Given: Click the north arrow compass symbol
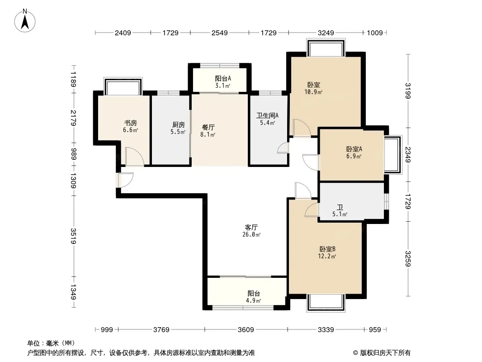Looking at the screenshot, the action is click(25, 21).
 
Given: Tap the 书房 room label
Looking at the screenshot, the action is click(130, 123).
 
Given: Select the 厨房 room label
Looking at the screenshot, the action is click(178, 124).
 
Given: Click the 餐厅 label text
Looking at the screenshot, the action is click(208, 127).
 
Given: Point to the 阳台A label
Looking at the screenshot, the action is click(223, 78).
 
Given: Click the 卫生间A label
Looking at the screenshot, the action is click(267, 115).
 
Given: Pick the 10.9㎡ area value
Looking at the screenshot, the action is click(313, 92).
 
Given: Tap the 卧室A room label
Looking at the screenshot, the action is click(354, 149).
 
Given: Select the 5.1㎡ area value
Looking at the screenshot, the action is click(340, 214).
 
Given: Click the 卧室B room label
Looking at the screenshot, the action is click(327, 249).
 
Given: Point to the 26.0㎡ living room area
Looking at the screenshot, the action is click(251, 235).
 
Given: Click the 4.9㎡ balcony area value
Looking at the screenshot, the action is click(253, 300).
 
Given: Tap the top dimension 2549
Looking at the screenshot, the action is click(219, 33).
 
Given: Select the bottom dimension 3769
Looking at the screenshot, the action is click(161, 330).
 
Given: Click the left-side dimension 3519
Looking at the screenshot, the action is click(73, 236).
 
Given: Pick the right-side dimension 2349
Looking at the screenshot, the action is click(407, 154).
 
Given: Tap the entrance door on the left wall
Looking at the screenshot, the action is click(125, 180).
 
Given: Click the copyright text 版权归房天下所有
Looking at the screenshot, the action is click(385, 353).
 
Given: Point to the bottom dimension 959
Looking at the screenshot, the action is click(375, 330).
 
